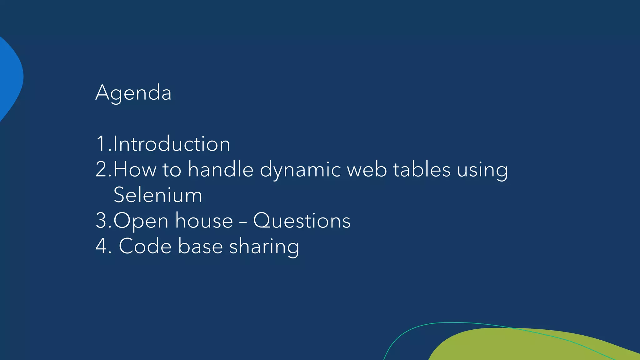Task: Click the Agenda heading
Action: (x=133, y=93)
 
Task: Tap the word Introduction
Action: (x=172, y=144)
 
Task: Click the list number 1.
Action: (x=101, y=144)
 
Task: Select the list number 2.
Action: (x=102, y=170)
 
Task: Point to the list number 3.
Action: (x=102, y=221)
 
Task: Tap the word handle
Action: (x=221, y=170)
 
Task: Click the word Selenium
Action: (x=158, y=195)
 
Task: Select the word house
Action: (x=204, y=221)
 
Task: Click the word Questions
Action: (x=302, y=221)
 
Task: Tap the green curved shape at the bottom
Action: (x=531, y=345)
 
